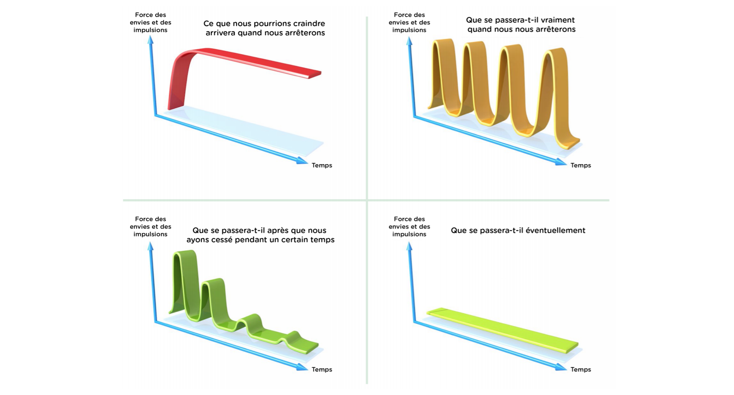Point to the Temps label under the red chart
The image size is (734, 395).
[x=322, y=165]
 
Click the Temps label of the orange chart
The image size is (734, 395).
[x=581, y=165]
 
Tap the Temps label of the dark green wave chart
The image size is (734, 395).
[x=322, y=370]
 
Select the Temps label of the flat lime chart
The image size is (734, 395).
[x=581, y=370]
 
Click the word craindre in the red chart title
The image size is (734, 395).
[x=305, y=24]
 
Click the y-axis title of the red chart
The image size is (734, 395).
[x=150, y=23]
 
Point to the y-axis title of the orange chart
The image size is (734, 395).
[x=409, y=23]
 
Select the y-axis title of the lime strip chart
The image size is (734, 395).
[x=409, y=226]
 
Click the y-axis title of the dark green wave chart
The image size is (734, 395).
[x=150, y=226]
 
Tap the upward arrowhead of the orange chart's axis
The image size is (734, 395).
[x=409, y=41]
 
